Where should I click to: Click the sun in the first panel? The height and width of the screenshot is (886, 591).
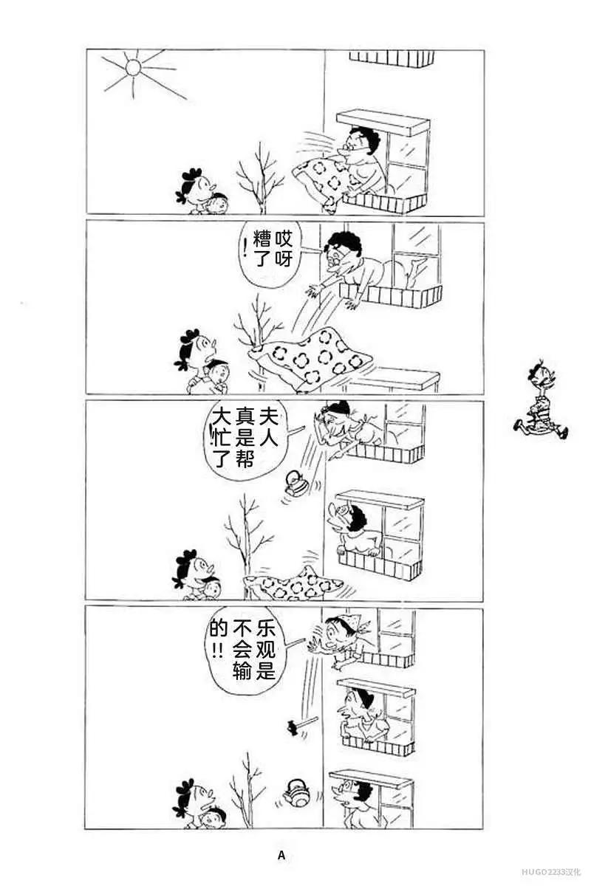[x=133, y=67]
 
